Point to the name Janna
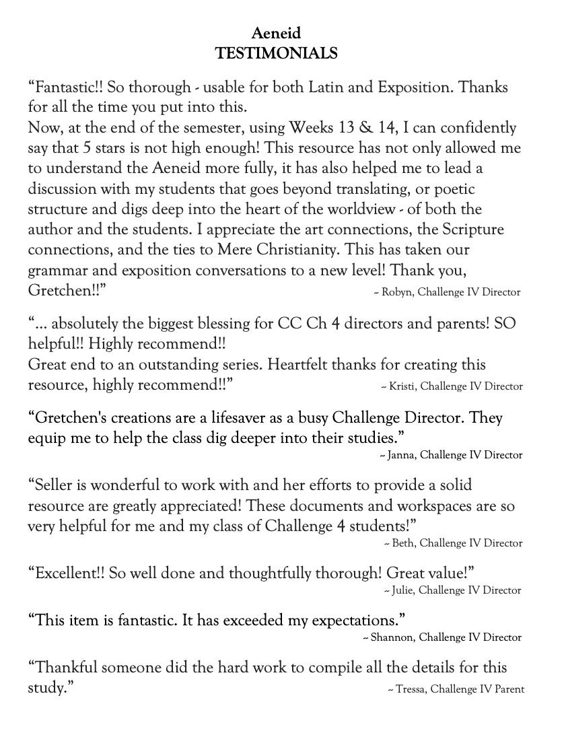coord(403,455)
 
